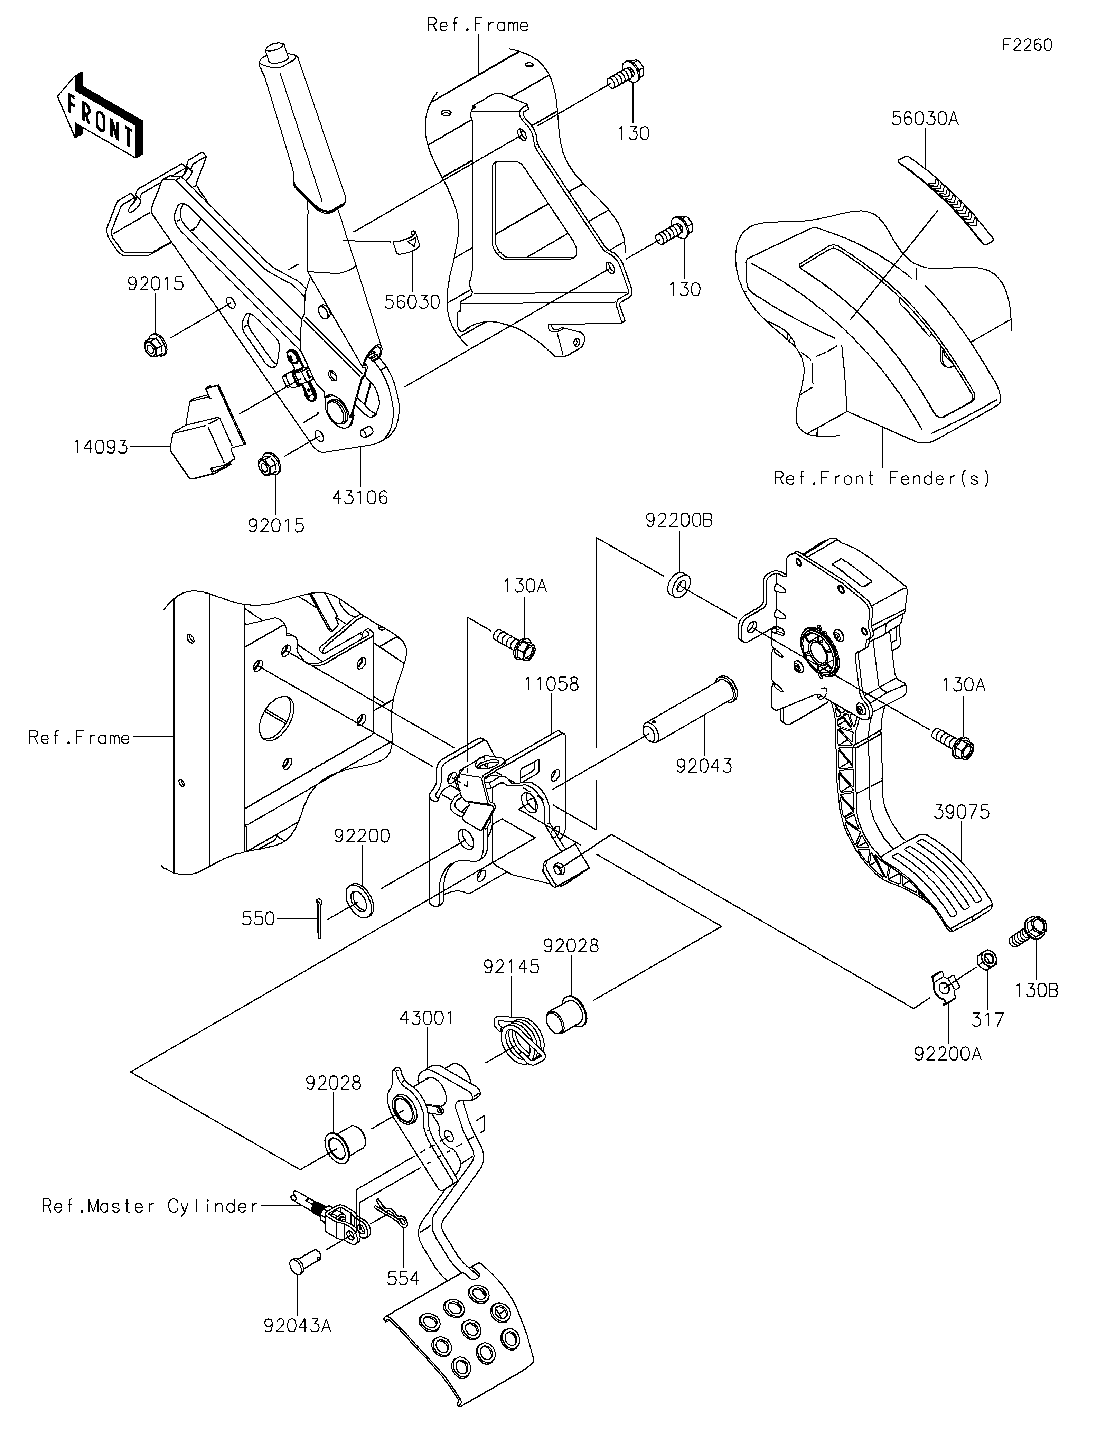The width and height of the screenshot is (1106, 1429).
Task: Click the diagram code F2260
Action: pos(1027,45)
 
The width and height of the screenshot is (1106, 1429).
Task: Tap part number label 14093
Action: pos(100,448)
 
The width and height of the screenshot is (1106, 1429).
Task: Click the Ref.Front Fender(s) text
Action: pos(882,478)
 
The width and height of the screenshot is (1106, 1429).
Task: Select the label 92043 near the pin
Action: pos(704,766)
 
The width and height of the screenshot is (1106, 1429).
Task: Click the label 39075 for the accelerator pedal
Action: pos(962,812)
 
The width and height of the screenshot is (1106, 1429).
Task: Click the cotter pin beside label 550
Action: pos(319,919)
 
